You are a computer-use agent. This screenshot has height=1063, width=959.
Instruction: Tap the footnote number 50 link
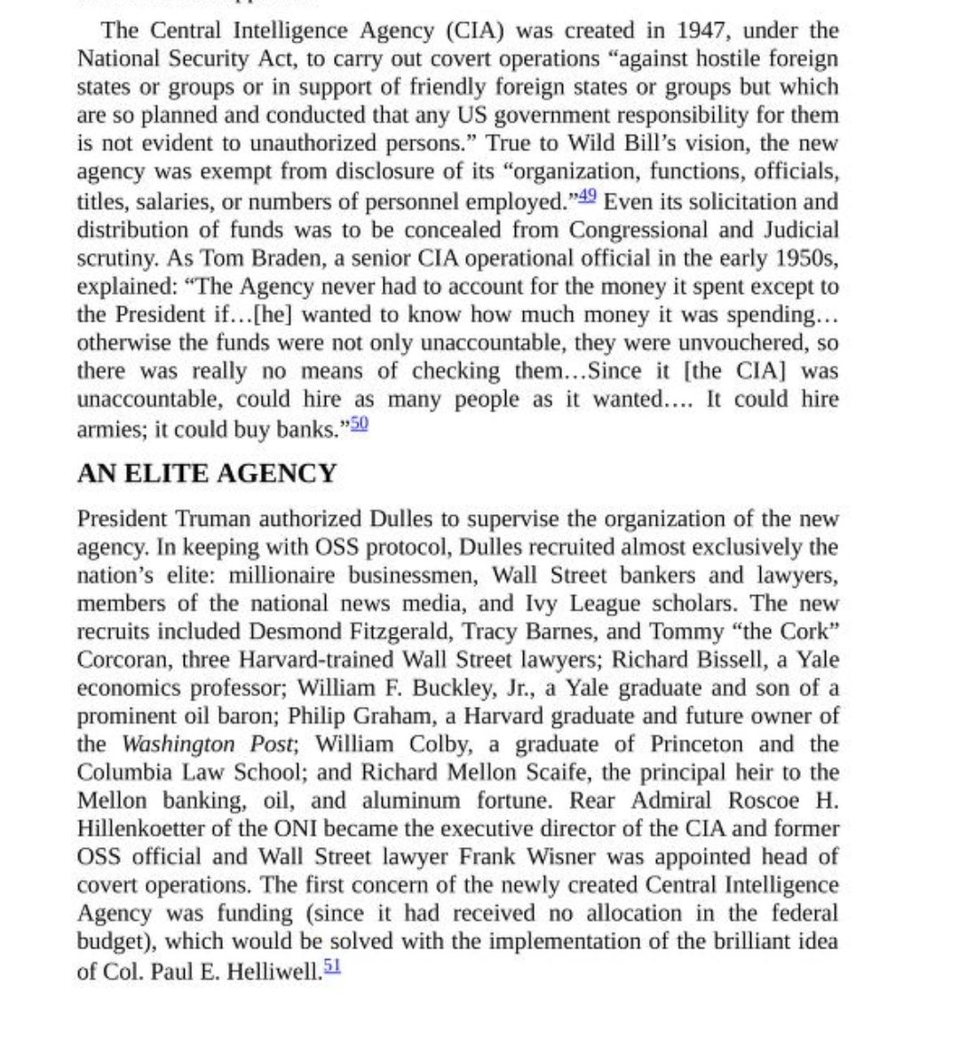click(x=359, y=424)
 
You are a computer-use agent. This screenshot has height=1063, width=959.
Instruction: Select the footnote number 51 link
click(x=332, y=965)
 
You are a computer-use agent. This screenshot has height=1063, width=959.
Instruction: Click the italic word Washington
click(x=178, y=744)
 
